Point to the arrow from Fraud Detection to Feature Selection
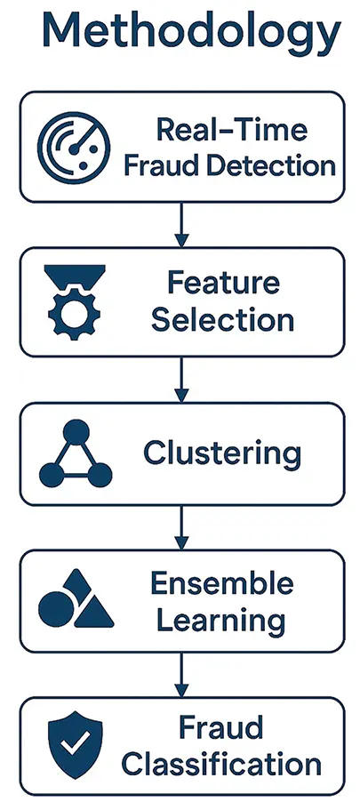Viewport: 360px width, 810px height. (181, 225)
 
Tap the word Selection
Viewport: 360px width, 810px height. (222, 319)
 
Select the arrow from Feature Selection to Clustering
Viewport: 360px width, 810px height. (181, 380)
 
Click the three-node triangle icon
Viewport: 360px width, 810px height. (76, 455)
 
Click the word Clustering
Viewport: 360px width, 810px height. (222, 454)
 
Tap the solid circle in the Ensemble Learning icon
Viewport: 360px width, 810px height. (56, 607)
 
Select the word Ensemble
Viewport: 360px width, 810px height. (222, 584)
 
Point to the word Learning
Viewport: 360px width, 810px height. (222, 620)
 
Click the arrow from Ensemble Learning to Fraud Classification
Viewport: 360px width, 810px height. (181, 680)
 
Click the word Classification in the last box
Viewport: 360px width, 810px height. (222, 765)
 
